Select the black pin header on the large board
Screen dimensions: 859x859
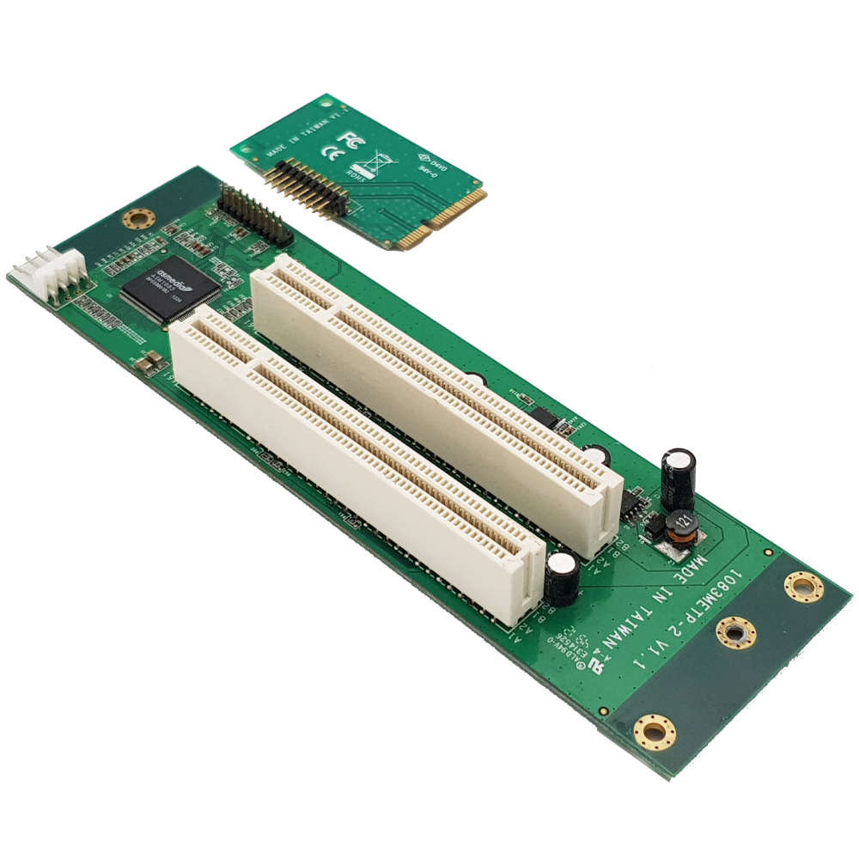(255, 216)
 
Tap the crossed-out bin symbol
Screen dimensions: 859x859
(378, 160)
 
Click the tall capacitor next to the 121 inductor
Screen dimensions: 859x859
(679, 478)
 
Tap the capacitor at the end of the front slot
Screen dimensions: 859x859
(562, 577)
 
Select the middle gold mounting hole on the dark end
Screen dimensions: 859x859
(736, 635)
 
